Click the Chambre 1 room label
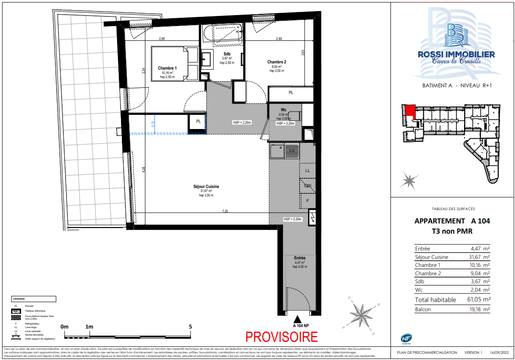(x=167, y=68)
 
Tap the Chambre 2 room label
(x=277, y=62)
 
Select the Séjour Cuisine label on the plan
(x=206, y=187)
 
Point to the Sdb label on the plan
(x=226, y=54)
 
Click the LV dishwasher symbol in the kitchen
(x=292, y=151)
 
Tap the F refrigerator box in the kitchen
(x=308, y=201)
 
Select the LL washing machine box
(x=308, y=170)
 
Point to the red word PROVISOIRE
(x=281, y=337)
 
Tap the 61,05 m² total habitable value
(x=477, y=300)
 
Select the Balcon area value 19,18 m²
(x=477, y=309)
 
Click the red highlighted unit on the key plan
(x=410, y=111)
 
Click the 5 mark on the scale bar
(x=191, y=326)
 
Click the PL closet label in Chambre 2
(x=291, y=93)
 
